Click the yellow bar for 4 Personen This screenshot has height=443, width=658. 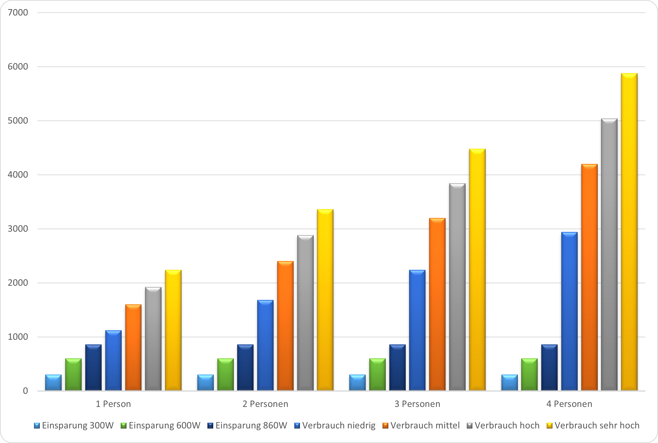pyautogui.click(x=629, y=232)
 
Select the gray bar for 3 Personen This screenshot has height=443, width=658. pyautogui.click(x=457, y=287)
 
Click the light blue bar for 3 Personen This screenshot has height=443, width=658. pyautogui.click(x=357, y=383)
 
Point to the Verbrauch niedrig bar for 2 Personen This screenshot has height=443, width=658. pyautogui.click(x=265, y=345)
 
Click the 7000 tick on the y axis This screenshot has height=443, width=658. pyautogui.click(x=18, y=12)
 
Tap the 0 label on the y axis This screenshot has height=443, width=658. pyautogui.click(x=25, y=391)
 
